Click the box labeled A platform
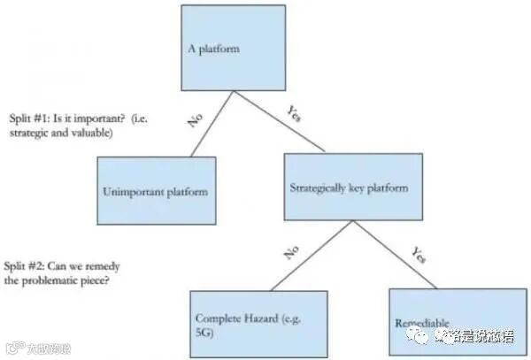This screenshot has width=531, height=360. coord(233,48)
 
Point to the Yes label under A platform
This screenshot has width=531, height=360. coord(295,113)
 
